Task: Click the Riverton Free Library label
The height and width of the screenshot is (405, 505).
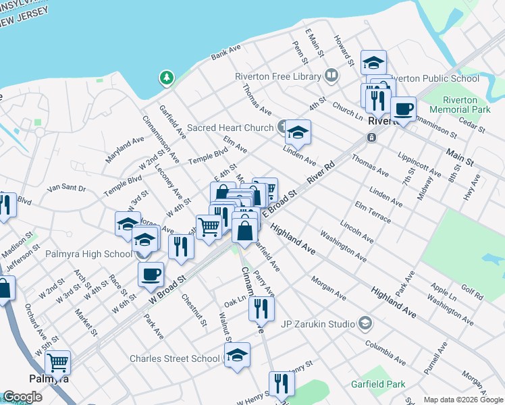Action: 278,76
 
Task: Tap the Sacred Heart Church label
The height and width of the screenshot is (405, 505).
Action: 230,127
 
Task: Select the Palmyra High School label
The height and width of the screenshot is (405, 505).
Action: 88,254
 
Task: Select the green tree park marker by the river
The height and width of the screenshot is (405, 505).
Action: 166,78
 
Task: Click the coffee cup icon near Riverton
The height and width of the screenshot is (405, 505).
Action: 403,108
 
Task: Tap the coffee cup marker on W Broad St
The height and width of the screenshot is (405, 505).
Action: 151,273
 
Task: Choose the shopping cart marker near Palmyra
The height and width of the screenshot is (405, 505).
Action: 58,362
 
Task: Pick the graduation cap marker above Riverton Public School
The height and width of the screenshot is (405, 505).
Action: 373,63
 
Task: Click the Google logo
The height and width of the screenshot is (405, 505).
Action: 22,398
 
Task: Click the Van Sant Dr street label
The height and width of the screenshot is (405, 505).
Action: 68,188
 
